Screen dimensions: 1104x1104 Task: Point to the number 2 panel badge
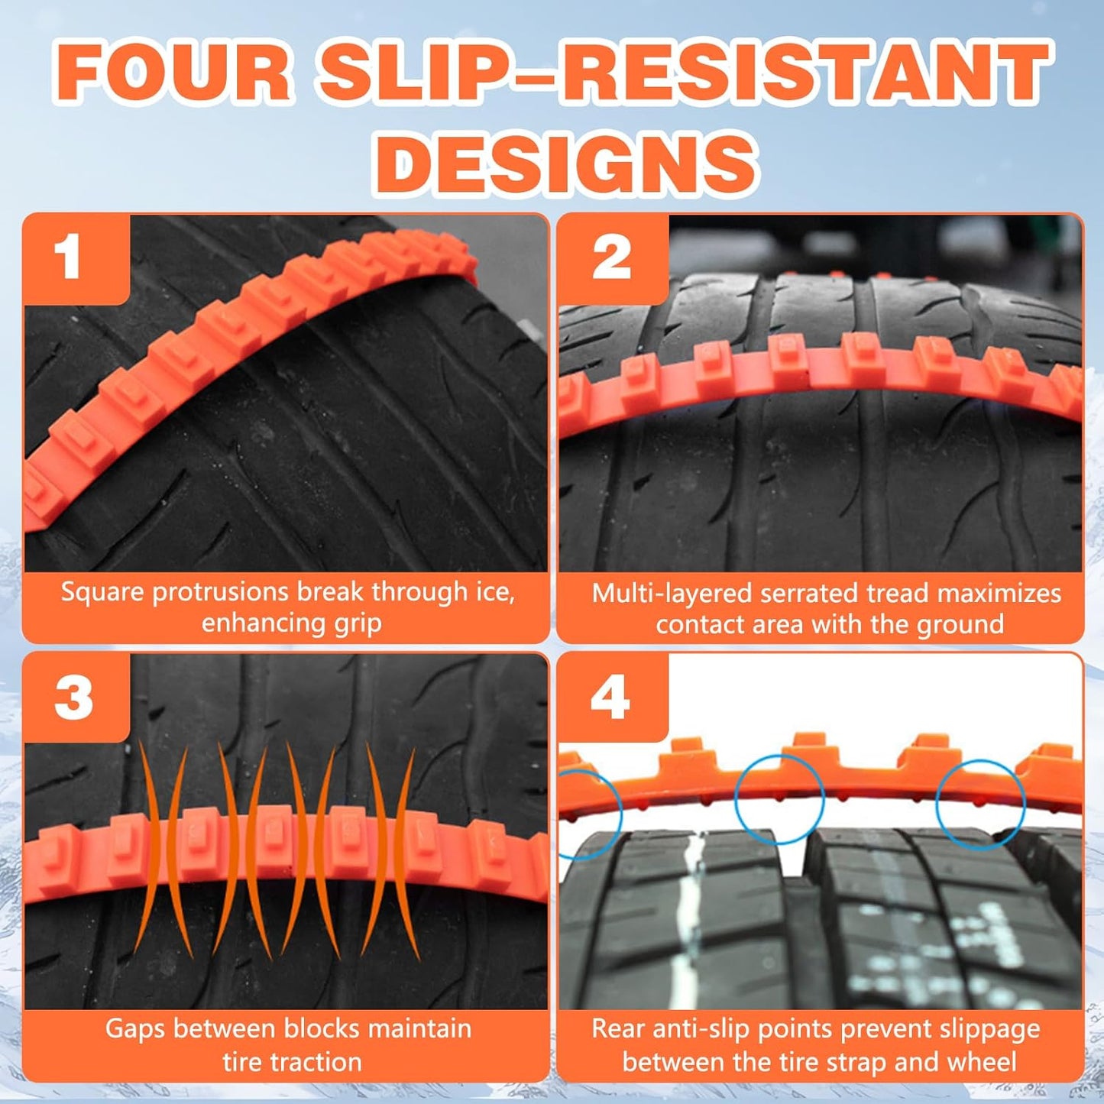(611, 258)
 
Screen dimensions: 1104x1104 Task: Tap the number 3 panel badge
(73, 698)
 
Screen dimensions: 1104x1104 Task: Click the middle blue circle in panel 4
(779, 799)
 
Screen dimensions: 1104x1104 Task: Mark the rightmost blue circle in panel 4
(980, 804)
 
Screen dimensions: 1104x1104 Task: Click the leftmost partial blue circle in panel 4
(590, 814)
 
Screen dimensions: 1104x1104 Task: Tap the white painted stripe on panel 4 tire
(690, 917)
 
